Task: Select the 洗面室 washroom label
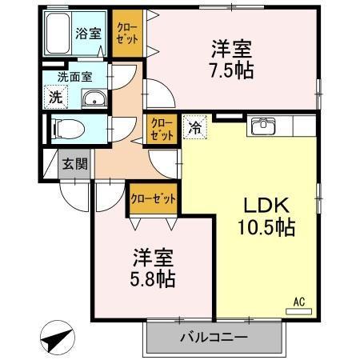click(74, 78)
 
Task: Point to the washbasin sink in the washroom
click(94, 100)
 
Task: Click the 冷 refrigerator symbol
click(194, 126)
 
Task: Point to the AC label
click(299, 302)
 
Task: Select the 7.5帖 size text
click(233, 71)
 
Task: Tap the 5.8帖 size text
click(153, 280)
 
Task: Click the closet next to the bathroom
click(127, 33)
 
